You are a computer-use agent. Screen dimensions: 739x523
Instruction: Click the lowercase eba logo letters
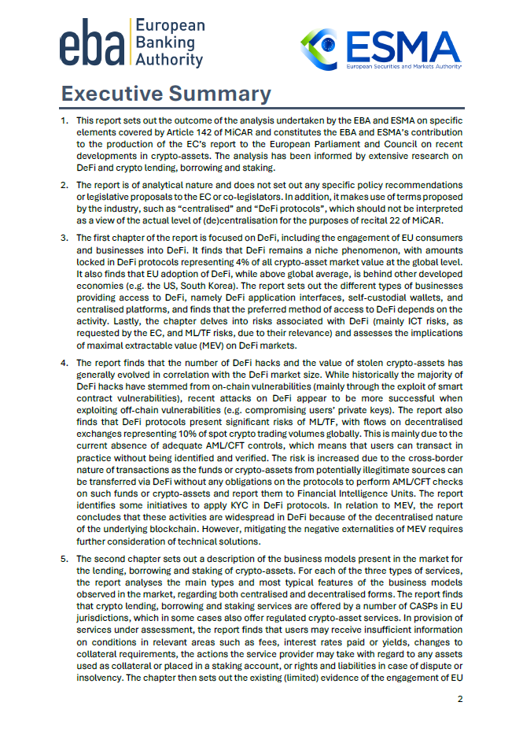[x=92, y=46]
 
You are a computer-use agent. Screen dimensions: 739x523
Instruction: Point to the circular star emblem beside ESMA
[x=321, y=49]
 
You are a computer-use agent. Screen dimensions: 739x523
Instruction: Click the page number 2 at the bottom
[x=461, y=699]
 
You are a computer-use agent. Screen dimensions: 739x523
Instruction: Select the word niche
[x=252, y=248]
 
